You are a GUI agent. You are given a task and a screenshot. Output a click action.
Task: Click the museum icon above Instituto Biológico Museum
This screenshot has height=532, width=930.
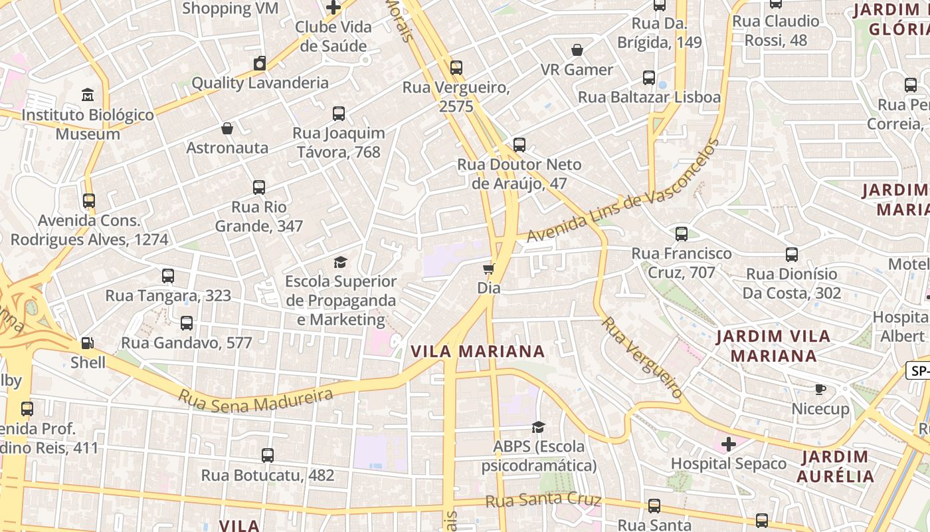[88, 95]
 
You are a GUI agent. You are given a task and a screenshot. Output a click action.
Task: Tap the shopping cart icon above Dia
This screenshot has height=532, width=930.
[489, 269]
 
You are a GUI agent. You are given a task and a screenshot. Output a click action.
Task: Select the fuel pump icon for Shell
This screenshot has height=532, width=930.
[88, 343]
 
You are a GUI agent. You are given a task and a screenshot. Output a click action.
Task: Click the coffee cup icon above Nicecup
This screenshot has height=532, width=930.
[821, 389]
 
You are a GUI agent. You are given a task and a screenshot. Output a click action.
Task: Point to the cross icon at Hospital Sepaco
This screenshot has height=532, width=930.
[729, 444]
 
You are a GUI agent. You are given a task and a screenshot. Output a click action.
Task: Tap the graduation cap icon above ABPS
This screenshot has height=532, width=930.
[538, 426]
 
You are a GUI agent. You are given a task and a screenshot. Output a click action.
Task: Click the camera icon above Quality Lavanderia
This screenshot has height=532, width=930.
[260, 63]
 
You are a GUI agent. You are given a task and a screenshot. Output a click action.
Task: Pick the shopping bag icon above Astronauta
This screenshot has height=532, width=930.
[227, 128]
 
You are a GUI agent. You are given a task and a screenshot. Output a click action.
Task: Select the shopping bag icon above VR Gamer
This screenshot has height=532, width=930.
[577, 50]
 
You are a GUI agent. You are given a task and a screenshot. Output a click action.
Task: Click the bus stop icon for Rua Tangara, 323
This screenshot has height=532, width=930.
[168, 275]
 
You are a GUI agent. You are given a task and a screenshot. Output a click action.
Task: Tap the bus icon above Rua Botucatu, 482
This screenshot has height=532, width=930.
[267, 456]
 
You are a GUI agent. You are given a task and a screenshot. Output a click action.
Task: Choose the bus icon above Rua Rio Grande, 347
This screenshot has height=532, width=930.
[259, 188]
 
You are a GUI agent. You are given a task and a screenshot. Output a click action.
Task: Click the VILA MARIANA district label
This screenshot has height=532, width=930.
[478, 351]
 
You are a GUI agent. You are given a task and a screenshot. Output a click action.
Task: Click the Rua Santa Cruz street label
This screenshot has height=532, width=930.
[543, 499]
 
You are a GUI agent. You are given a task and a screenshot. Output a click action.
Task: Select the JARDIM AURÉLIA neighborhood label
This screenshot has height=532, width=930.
[835, 466]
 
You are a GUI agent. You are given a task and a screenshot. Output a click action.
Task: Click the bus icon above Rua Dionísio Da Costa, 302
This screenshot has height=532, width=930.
[791, 254]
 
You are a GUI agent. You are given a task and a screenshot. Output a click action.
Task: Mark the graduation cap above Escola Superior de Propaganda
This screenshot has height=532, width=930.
[341, 262]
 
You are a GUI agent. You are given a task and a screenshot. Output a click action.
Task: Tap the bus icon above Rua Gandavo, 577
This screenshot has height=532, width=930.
[187, 323]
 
